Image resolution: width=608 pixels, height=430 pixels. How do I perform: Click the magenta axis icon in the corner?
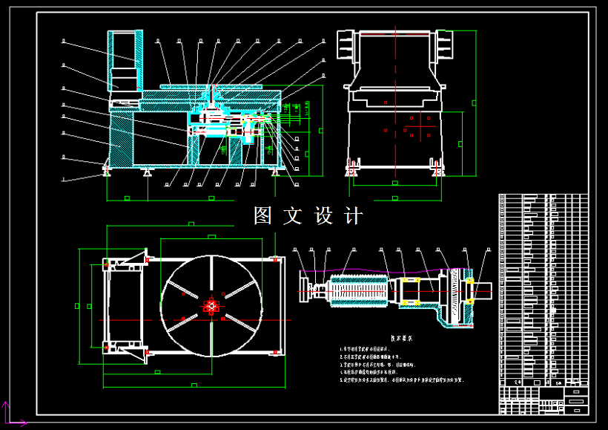click(9, 414)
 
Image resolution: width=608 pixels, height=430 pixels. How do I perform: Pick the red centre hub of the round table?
click(211, 305)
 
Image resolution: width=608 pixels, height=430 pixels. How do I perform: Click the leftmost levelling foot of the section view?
click(107, 173)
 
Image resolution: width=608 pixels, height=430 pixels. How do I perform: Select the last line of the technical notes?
click(400, 379)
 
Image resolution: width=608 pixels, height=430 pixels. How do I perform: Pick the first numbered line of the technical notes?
click(371, 348)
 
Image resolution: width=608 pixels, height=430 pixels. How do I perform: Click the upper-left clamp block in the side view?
click(344, 45)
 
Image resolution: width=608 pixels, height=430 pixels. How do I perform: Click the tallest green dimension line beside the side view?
click(475, 104)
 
